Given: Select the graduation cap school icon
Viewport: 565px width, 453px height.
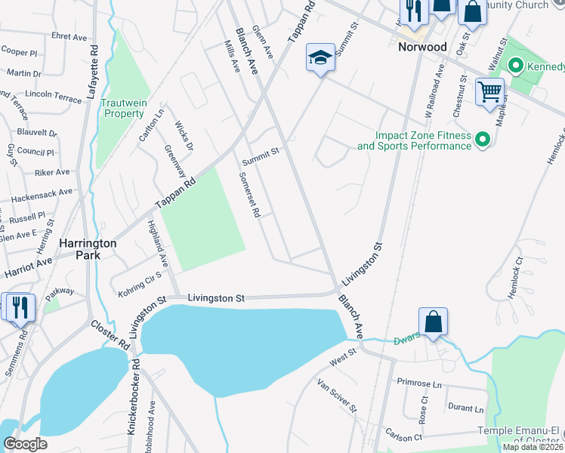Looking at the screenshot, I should [x=320, y=57].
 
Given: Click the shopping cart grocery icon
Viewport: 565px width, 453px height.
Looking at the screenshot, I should [x=489, y=92].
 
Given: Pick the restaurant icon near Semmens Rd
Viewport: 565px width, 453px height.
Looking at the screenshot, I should [x=18, y=307].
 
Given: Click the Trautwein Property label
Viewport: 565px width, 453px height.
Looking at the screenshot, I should [x=124, y=108].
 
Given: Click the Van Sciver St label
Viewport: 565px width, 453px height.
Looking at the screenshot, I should [x=337, y=396].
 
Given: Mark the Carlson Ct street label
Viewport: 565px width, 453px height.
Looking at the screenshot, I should [x=402, y=437].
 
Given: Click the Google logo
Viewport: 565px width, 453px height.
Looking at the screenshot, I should [x=25, y=444].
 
